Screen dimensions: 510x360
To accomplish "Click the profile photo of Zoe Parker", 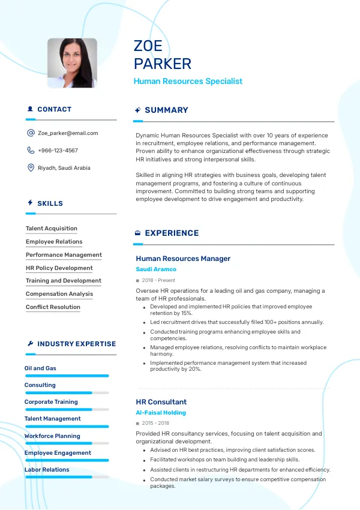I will tap(72, 63).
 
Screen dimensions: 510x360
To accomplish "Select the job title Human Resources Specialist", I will tap(188, 81).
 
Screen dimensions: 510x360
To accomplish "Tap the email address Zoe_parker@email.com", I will tap(68, 133).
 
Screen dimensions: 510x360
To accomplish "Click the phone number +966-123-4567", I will tap(58, 151).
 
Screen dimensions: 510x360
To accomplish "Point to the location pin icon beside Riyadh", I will tap(31, 168).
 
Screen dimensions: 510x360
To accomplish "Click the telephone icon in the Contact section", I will tap(31, 151).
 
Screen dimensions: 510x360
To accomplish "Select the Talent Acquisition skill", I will tap(52, 229).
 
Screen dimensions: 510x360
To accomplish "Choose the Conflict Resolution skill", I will tap(53, 307).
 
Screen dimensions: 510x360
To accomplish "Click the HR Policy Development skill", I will tap(59, 268).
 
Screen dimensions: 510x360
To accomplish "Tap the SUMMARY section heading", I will tap(166, 110).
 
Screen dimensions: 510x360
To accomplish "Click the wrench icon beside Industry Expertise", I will tap(30, 344).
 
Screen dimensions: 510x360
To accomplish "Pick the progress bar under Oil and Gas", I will tap(67, 376).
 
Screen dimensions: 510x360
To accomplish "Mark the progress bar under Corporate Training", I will tap(67, 409).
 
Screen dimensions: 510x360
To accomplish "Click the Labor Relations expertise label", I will tap(47, 470).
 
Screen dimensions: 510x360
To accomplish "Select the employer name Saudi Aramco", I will tap(156, 269).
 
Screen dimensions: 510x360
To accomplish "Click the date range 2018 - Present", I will tap(158, 280).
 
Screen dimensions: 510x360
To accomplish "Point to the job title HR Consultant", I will tap(161, 402).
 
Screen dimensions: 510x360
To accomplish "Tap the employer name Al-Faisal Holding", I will tap(161, 413).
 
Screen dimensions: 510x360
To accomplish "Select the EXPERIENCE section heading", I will tap(172, 233).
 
